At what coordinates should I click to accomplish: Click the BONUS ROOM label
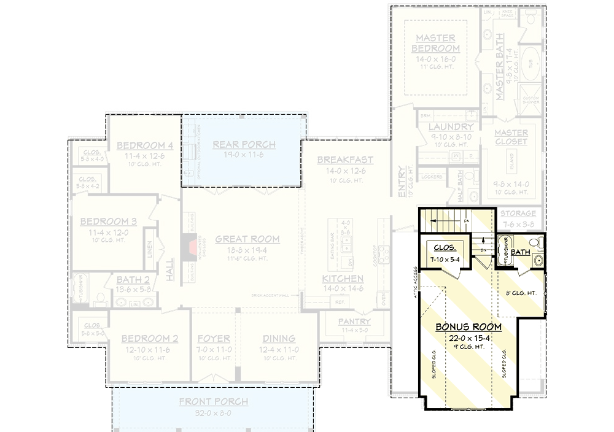coord(468,327)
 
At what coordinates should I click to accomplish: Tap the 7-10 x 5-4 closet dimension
coord(446,259)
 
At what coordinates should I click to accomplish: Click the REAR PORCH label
coord(244,145)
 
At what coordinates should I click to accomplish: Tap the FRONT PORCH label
coord(214,402)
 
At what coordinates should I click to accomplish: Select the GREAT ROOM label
coord(247,239)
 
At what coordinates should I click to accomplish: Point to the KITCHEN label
coord(343,279)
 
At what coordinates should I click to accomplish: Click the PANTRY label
coord(354,322)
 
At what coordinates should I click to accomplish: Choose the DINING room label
coord(279,338)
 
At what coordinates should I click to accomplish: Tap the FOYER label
coord(214,338)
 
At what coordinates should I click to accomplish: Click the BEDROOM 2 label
coord(149,338)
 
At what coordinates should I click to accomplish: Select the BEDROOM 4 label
coord(145,145)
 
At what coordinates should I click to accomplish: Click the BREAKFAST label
coord(345,160)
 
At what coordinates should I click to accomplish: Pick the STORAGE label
coord(518,214)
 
